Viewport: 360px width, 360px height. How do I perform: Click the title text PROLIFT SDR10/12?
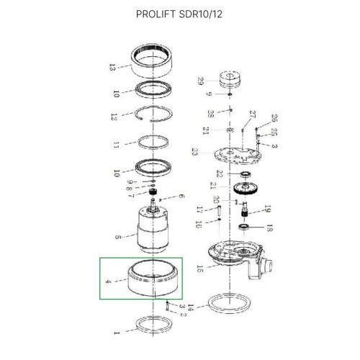point(179,14)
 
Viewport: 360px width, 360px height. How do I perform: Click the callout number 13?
point(112,68)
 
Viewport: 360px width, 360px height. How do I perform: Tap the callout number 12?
point(113,117)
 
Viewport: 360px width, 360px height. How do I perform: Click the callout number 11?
point(113,145)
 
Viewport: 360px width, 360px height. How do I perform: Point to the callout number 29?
point(201,80)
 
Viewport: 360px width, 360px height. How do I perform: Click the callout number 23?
point(194,152)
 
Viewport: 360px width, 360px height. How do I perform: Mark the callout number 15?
point(200,268)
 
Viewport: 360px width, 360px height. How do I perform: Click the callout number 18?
point(269,228)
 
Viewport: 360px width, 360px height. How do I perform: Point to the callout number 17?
point(199,210)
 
